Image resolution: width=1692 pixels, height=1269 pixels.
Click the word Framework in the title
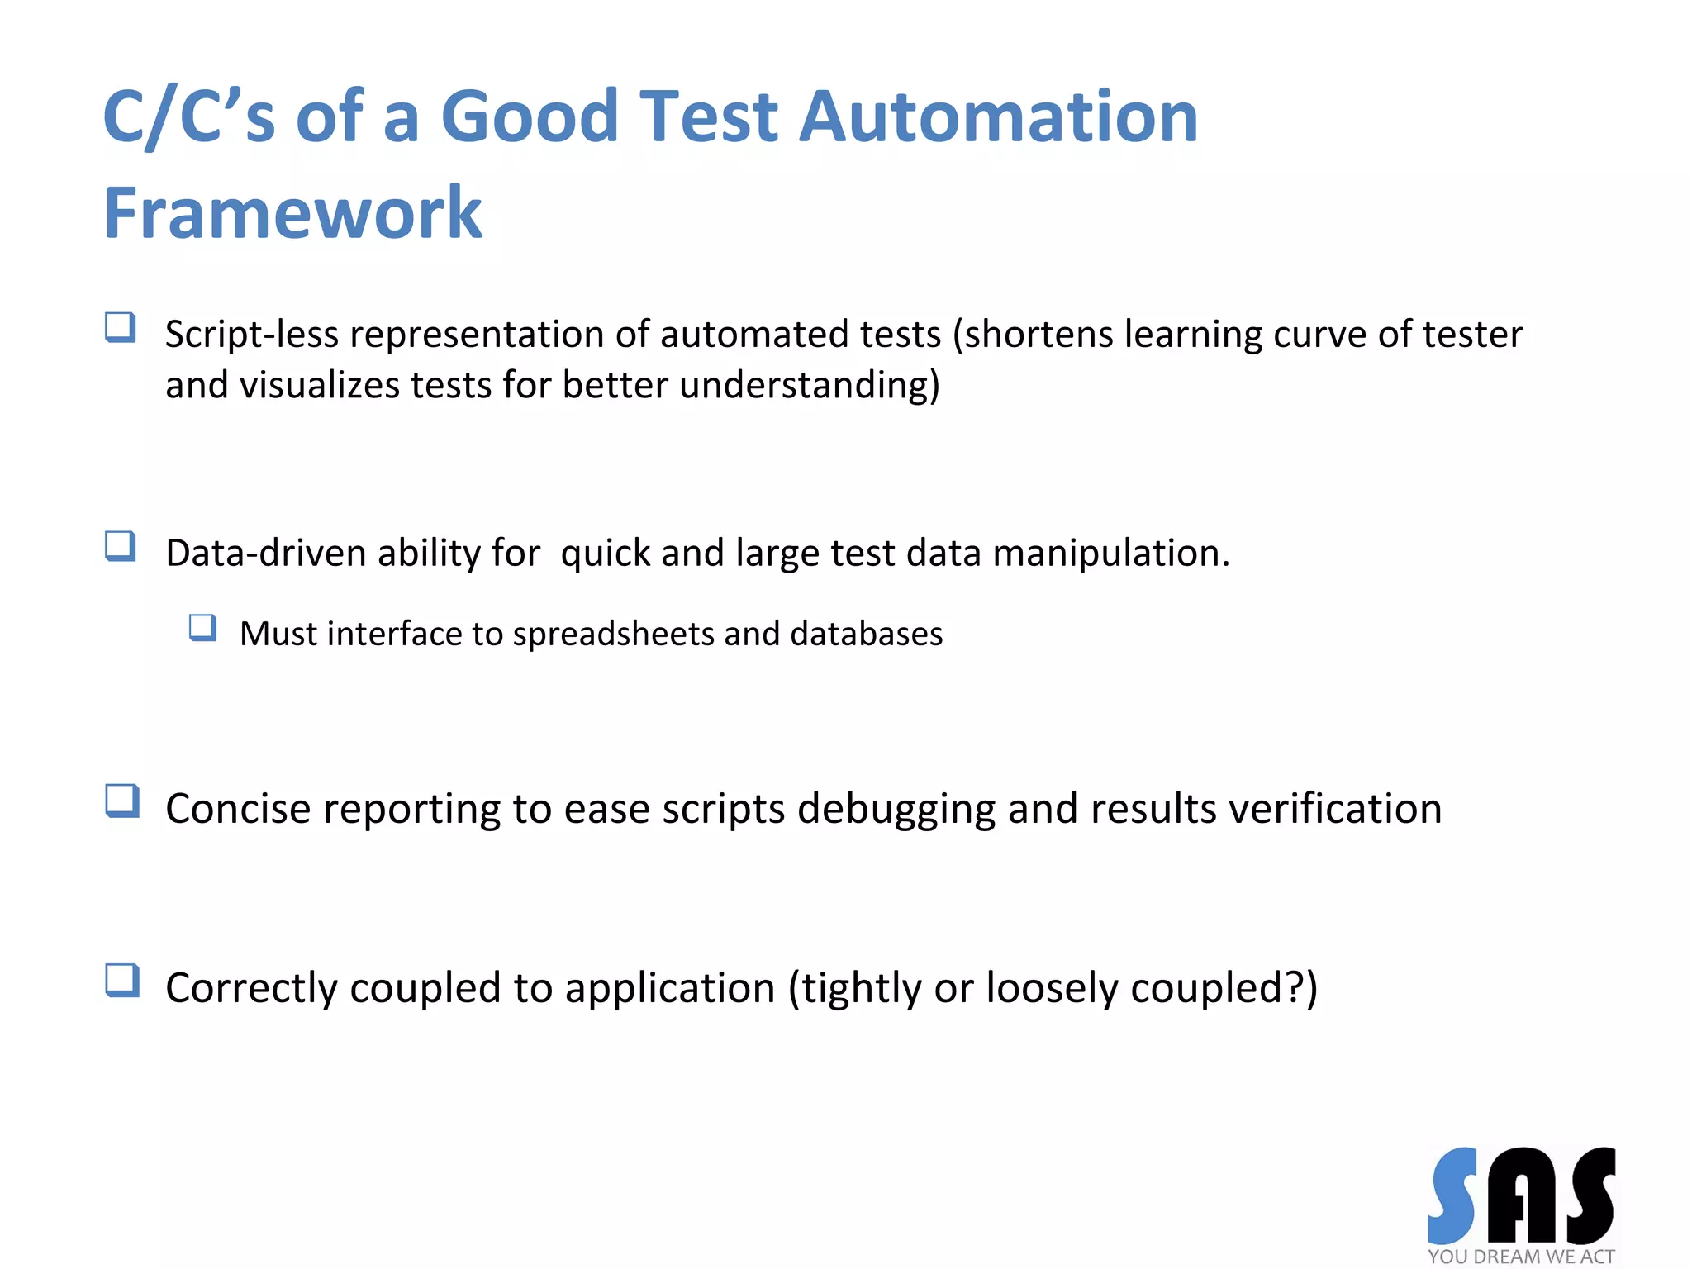292,213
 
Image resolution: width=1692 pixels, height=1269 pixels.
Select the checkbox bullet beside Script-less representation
121,328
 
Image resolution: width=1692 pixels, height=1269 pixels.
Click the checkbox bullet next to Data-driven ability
121,547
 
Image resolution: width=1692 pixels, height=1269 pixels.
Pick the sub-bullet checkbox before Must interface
202,628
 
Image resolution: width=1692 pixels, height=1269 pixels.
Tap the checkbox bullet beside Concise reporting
122,801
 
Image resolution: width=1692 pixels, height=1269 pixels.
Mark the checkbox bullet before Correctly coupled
122,981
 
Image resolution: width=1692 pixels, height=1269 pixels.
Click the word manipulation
1110,554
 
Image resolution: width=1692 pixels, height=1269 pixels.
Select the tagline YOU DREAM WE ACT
1520,1257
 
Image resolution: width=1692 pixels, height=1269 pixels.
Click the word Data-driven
265,554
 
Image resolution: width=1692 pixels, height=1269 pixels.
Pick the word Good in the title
530,116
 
